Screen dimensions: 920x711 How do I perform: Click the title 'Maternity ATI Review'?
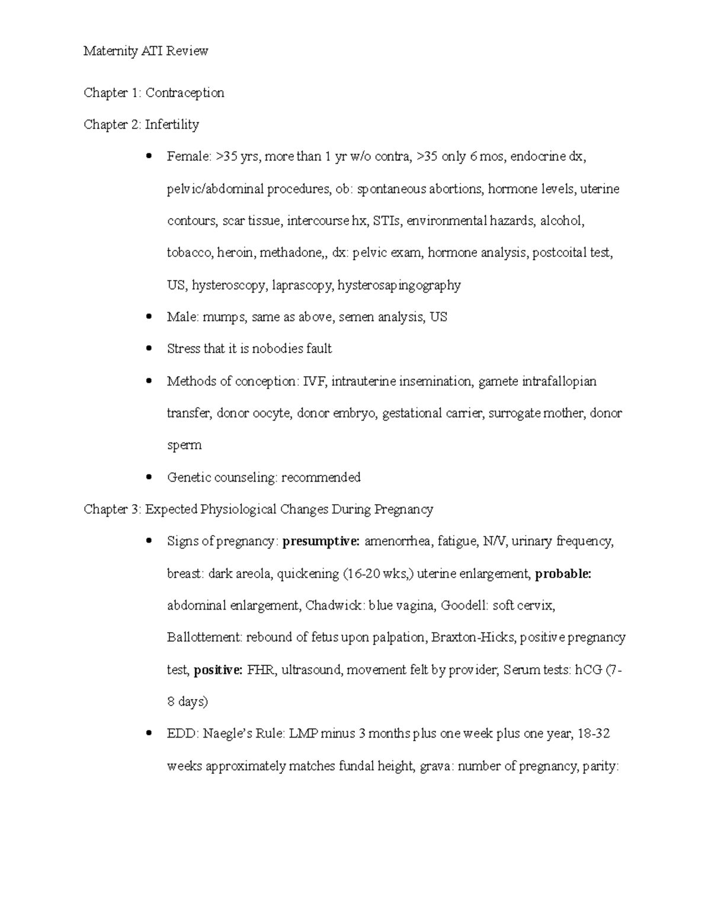click(x=146, y=51)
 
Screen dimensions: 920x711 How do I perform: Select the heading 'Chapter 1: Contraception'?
click(x=154, y=92)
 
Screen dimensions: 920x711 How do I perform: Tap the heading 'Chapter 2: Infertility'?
click(x=141, y=124)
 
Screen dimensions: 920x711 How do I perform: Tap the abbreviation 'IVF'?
click(x=314, y=381)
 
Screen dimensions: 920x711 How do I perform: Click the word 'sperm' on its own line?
click(x=184, y=445)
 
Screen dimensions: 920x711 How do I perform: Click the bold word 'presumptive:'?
click(x=321, y=541)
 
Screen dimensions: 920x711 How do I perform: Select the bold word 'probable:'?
click(x=563, y=573)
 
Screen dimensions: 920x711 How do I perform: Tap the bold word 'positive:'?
click(x=218, y=670)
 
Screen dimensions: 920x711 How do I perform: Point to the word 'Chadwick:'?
click(x=335, y=605)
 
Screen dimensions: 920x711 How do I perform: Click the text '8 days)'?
click(x=187, y=702)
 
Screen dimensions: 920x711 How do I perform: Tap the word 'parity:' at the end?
click(x=600, y=766)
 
